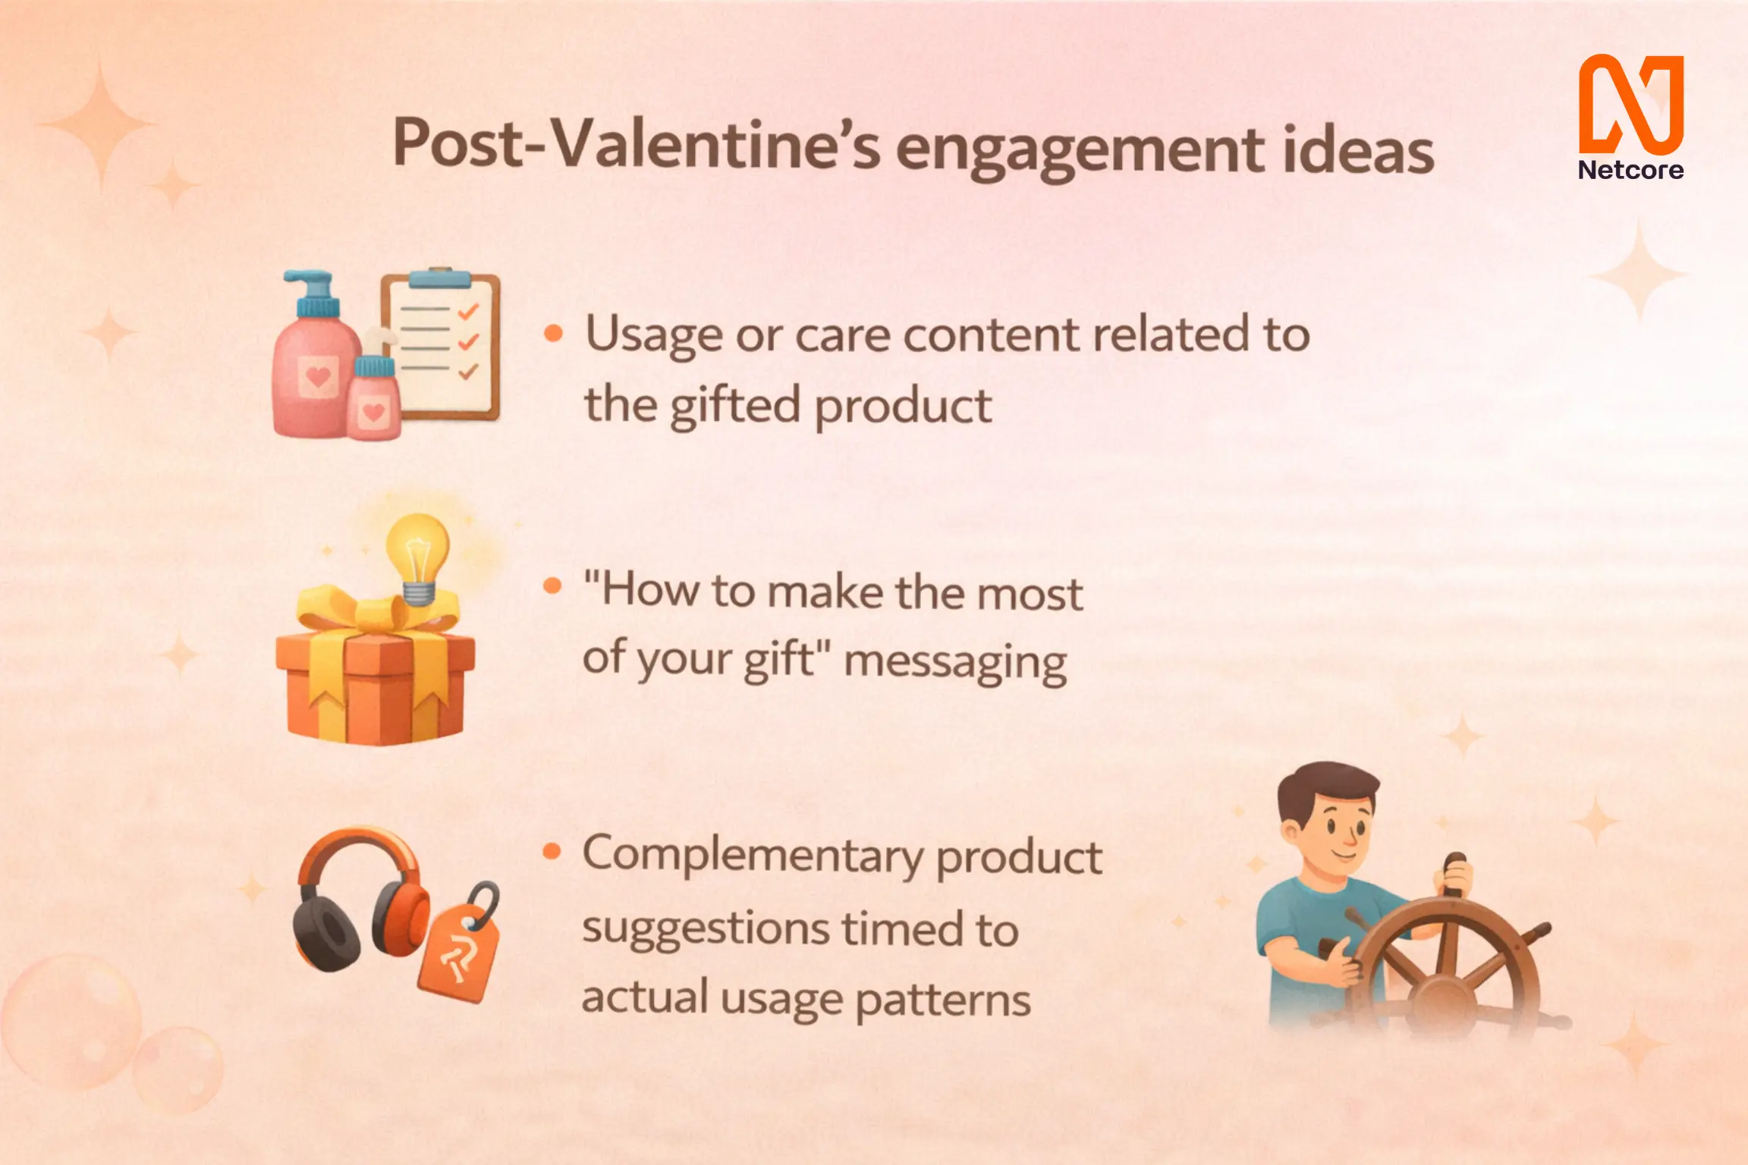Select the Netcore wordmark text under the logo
[x=1630, y=170]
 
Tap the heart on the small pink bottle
[x=373, y=412]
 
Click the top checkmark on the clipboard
[x=468, y=311]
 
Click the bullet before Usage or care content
[x=554, y=333]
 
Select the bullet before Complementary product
[x=552, y=852]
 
